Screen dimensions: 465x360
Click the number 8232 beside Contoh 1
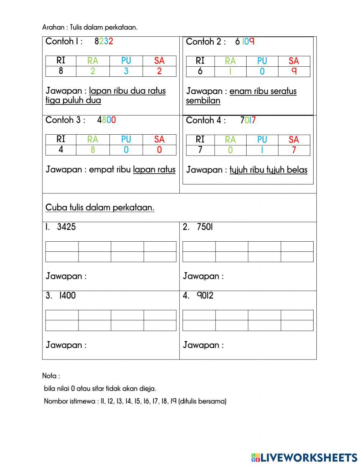[x=104, y=41]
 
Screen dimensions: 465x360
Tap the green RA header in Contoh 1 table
[x=93, y=61]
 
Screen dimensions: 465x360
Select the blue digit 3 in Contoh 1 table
[x=126, y=71]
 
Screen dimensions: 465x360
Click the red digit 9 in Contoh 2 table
[x=294, y=71]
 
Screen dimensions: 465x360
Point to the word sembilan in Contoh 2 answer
[x=203, y=100]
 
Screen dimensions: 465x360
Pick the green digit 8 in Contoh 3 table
[x=93, y=150]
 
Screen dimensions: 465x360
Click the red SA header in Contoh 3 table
[x=159, y=139]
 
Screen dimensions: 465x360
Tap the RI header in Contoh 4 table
[x=200, y=139]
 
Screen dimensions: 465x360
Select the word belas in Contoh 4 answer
[x=297, y=170]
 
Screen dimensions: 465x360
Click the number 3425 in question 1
[x=66, y=227]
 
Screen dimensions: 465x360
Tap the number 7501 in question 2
[x=205, y=227]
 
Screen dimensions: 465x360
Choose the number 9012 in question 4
[x=205, y=296]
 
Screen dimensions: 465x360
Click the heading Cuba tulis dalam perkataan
[x=100, y=207]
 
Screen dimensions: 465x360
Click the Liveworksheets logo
[x=304, y=457]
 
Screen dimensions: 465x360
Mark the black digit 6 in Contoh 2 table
[x=200, y=71]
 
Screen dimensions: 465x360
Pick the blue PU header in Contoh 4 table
[x=262, y=139]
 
